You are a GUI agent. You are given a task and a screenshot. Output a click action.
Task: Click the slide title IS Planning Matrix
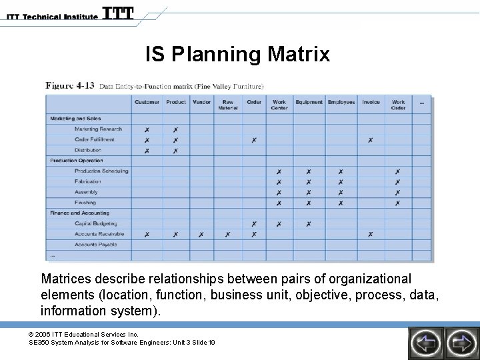click(237, 54)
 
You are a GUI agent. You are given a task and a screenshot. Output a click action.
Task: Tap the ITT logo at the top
click(118, 13)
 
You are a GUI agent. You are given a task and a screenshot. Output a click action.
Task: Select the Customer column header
click(147, 102)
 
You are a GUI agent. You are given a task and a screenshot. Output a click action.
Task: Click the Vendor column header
click(201, 102)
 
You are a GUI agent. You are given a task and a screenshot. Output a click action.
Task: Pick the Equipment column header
click(309, 102)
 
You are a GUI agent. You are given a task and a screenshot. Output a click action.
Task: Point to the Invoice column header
click(371, 102)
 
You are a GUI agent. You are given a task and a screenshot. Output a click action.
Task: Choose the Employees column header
click(341, 102)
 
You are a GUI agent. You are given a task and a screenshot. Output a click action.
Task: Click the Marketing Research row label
click(98, 129)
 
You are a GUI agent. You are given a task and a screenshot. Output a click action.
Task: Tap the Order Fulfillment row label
click(94, 139)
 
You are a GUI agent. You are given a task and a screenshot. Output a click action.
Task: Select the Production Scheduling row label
click(101, 171)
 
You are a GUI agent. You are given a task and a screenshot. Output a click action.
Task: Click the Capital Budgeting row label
click(95, 223)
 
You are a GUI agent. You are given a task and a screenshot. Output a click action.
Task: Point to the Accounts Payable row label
click(95, 245)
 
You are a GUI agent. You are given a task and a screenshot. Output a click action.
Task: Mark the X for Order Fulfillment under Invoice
click(370, 140)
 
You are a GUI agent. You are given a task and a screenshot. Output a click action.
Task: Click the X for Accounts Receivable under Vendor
click(201, 235)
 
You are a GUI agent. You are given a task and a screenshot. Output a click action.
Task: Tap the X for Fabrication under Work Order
click(398, 182)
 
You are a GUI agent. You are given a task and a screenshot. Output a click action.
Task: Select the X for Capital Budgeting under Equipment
click(309, 224)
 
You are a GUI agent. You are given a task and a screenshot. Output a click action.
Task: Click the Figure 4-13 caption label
click(69, 85)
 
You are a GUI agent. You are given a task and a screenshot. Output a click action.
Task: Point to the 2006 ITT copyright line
click(83, 334)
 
